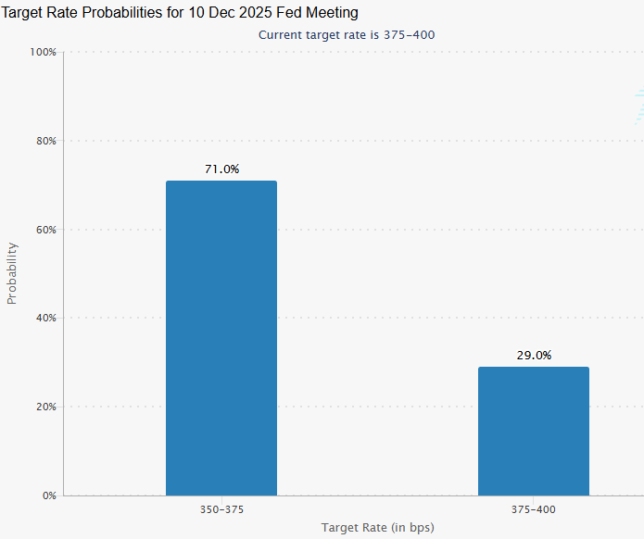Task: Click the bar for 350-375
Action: [221, 338]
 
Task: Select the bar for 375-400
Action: [534, 431]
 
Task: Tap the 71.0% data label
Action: [221, 169]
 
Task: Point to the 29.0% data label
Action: [534, 355]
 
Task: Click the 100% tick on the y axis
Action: [43, 52]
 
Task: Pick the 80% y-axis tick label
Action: [46, 141]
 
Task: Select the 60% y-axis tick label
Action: [46, 230]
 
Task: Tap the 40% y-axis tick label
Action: [46, 319]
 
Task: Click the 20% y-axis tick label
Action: [46, 407]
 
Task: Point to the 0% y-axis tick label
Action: [49, 495]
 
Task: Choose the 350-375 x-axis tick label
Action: [221, 509]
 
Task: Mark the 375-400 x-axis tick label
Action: [533, 509]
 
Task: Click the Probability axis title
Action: [12, 273]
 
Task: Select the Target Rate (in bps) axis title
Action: [377, 528]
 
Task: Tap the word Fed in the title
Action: [289, 13]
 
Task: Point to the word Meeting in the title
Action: [332, 14]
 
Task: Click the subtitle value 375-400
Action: [409, 35]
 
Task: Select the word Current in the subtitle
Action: [275, 35]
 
